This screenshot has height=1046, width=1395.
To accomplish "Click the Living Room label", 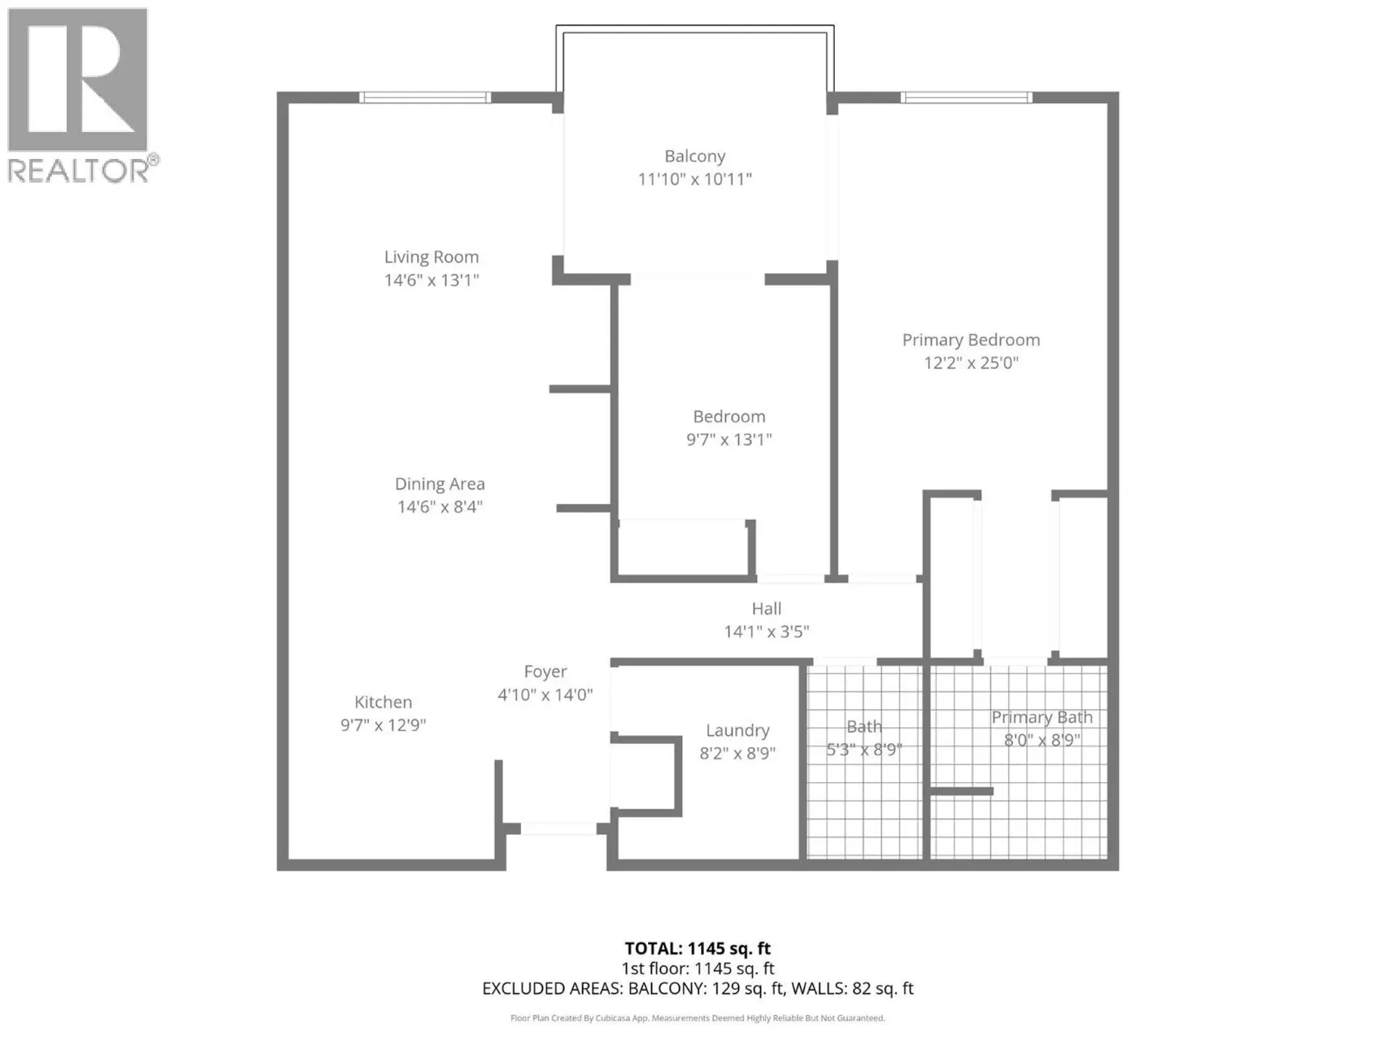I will [x=432, y=257].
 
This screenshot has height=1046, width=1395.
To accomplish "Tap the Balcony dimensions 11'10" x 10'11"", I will [x=695, y=179].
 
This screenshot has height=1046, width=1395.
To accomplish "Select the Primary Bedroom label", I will [x=971, y=340].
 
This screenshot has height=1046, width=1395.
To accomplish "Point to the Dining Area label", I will [x=440, y=484].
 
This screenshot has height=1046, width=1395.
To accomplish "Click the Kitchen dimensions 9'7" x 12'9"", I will [x=383, y=725].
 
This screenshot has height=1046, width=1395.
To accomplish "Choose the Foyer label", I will [x=546, y=672].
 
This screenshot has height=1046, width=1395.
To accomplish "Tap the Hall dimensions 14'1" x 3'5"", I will [x=767, y=632].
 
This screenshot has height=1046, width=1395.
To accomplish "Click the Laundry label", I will [x=737, y=731].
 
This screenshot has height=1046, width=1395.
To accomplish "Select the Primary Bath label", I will [x=1042, y=718].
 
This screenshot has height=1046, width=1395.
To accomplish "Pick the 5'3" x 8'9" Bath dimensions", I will [x=864, y=750].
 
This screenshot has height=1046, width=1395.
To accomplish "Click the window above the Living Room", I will [x=425, y=97].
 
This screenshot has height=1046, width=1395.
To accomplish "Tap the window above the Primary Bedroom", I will [x=966, y=97].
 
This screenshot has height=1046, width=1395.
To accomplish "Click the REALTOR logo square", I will [x=78, y=79].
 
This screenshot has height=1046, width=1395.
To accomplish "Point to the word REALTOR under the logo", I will [x=78, y=171].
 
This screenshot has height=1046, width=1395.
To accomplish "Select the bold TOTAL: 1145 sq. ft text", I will [x=697, y=949].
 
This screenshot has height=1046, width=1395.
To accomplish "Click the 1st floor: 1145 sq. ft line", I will [x=697, y=969].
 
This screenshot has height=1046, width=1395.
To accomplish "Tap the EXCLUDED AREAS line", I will [x=697, y=989].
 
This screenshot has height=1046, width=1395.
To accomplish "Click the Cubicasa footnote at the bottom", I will [x=697, y=1018].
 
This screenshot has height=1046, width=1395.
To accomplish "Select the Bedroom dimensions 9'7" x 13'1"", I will [x=729, y=439].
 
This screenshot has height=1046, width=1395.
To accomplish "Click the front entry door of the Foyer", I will [x=559, y=829].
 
